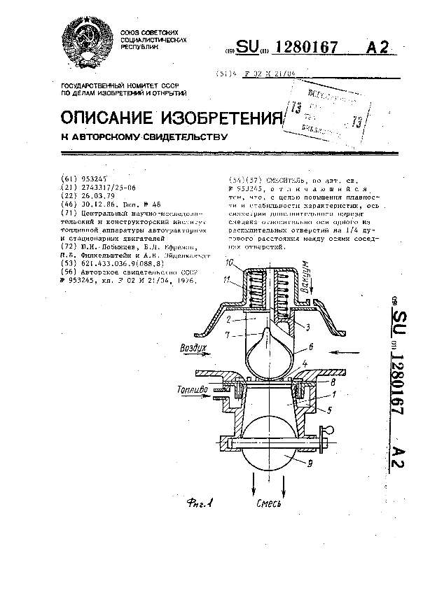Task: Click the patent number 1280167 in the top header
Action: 309,48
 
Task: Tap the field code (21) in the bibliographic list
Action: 68,187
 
